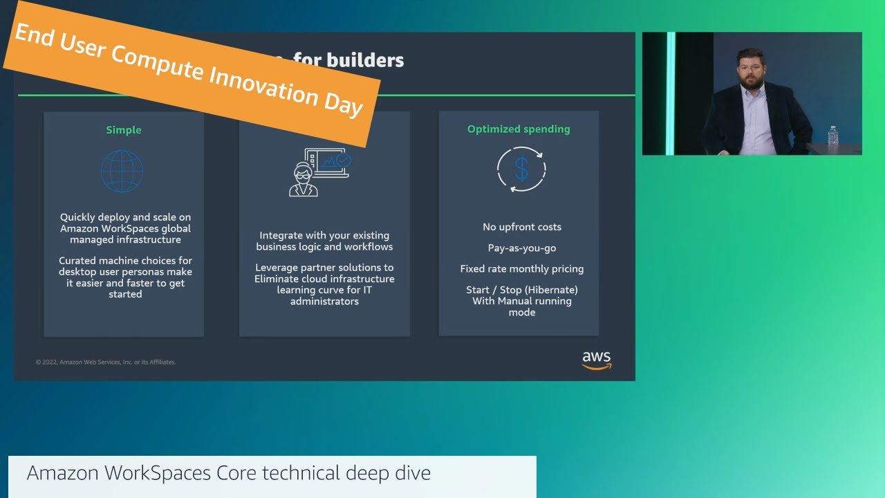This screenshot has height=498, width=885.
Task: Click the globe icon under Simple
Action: pos(122,171)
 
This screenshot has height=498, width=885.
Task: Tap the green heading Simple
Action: pos(124,130)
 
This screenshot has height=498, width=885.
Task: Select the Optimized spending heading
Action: pos(519,129)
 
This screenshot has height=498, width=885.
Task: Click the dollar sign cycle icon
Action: pos(521,169)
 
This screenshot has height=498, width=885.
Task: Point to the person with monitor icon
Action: pos(319,172)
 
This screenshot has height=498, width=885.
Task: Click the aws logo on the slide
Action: pos(596,360)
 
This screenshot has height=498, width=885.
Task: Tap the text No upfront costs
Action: pos(522,227)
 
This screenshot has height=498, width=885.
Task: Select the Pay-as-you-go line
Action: pos(522,248)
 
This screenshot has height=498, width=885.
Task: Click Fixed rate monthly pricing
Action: pos(522,268)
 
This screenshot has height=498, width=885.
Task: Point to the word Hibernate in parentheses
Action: pos(551,290)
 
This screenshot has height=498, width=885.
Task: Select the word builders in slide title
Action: pos(365,60)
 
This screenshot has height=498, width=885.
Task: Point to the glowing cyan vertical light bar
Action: pos(670,93)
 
